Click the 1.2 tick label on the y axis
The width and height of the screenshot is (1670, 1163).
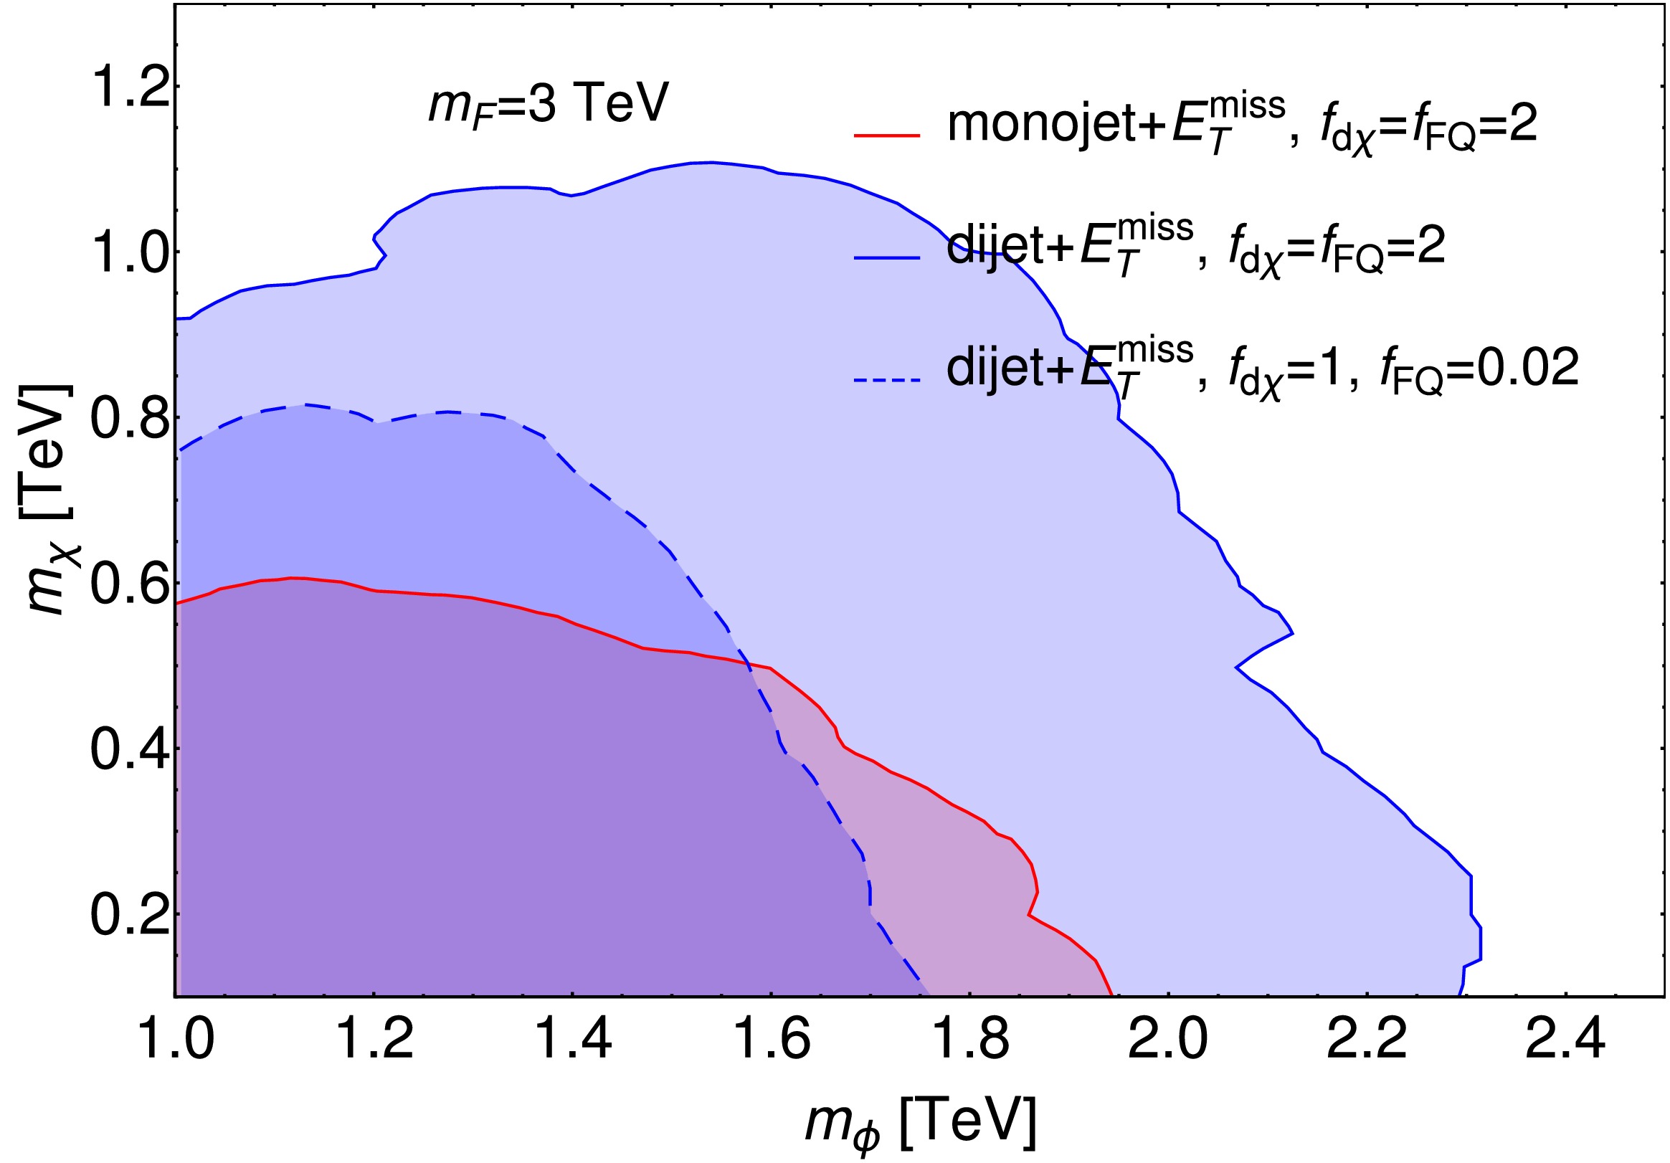click(x=128, y=86)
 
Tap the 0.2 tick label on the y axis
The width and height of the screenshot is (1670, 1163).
click(x=128, y=915)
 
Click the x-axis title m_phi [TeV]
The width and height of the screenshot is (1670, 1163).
click(x=920, y=1122)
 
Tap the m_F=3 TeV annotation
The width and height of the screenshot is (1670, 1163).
click(x=548, y=104)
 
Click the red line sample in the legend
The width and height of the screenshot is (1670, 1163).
click(x=887, y=136)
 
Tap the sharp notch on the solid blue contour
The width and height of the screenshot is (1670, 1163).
click(x=1236, y=667)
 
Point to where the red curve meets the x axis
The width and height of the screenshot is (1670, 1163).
click(x=1112, y=994)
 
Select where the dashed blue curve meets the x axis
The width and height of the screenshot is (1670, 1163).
click(x=929, y=994)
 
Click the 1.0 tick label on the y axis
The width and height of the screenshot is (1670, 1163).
click(x=128, y=252)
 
